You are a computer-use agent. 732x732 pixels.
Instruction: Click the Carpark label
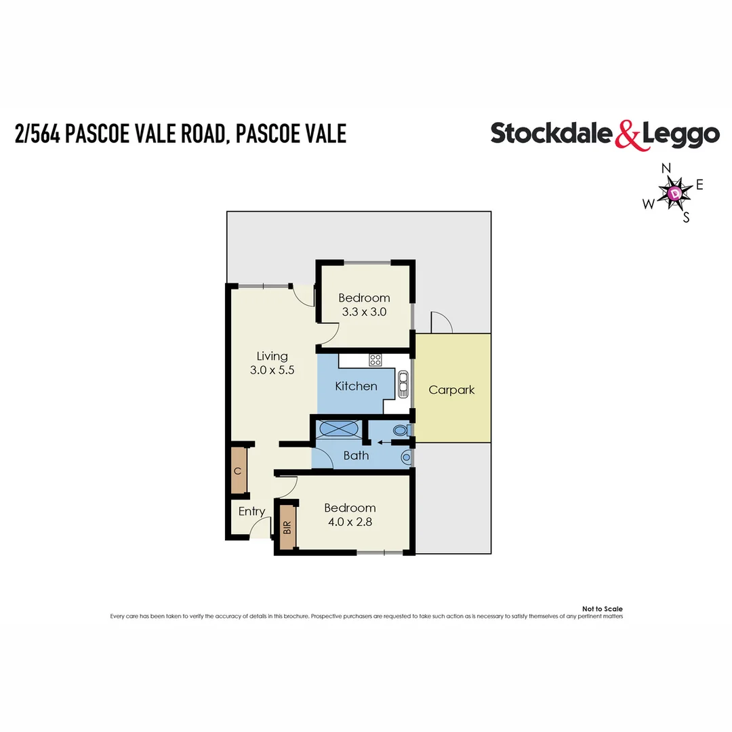point(451,390)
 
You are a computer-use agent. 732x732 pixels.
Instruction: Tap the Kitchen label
point(356,386)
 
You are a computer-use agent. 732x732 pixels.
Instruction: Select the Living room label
point(272,356)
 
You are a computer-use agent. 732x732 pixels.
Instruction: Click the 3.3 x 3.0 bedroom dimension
point(364,312)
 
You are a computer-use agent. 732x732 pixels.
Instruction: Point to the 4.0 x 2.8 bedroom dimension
point(350,522)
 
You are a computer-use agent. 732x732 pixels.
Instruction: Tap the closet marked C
point(238,470)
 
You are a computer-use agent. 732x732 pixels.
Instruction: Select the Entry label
point(251,512)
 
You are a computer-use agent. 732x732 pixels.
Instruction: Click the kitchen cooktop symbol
point(375,360)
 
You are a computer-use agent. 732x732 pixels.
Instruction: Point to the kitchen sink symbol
point(403,384)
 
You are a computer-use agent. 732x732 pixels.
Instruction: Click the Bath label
point(356,455)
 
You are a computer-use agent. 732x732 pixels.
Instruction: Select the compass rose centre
point(675,193)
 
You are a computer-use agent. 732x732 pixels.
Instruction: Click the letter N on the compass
point(666,168)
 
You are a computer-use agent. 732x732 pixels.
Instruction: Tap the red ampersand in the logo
point(627,134)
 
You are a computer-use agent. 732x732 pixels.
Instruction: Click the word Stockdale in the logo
point(552,133)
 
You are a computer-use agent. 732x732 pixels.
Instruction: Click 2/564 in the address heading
point(37,133)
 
